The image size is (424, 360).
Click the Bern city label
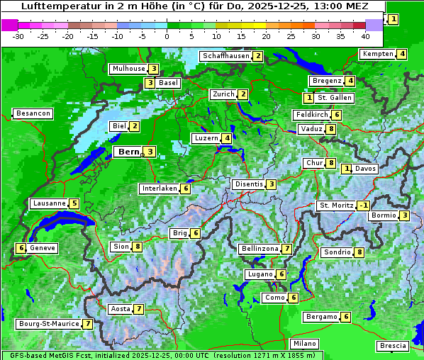point(128,152)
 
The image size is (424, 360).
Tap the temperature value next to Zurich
point(242,94)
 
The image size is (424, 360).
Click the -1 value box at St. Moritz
point(364,206)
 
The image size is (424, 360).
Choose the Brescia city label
point(393,346)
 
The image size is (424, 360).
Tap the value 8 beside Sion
point(138,247)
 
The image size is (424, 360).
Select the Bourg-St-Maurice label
point(48,324)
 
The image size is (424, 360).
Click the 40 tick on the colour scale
point(365,35)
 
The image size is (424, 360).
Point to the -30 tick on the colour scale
point(18,35)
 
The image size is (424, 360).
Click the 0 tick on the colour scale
point(167,35)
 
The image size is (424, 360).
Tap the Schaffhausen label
point(225,56)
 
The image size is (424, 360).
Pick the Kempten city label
point(377,54)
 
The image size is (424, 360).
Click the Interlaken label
point(160,189)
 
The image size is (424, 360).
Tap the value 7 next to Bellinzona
point(286,249)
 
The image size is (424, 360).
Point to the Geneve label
point(43,248)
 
